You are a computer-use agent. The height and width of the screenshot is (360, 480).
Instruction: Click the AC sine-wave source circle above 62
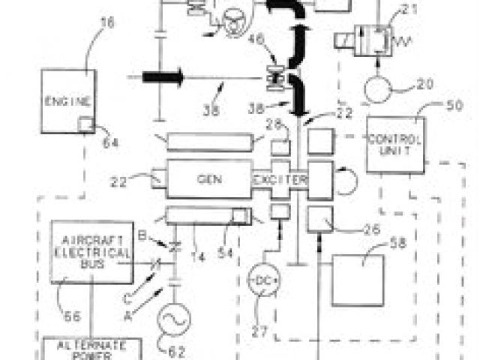[172, 319]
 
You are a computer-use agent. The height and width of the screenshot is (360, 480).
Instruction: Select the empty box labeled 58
[361, 277]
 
